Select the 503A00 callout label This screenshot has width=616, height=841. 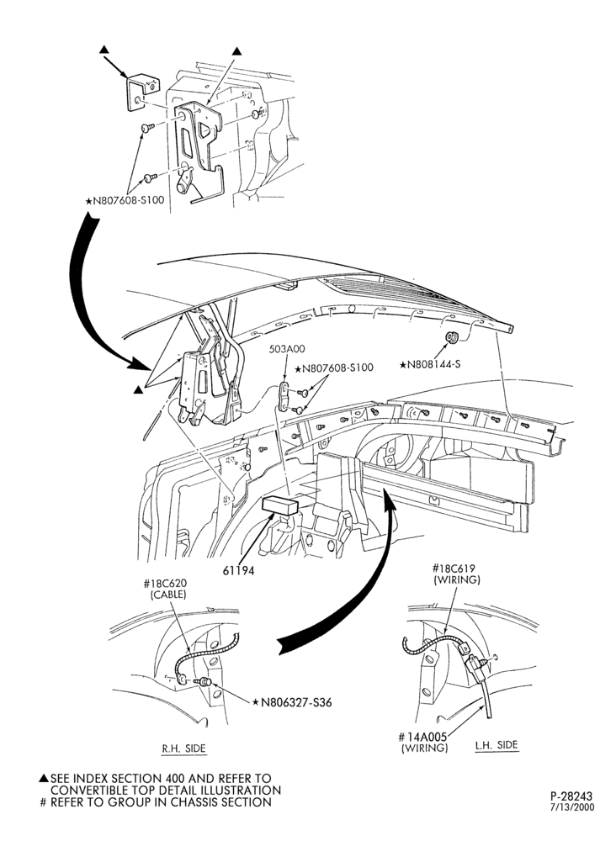click(286, 349)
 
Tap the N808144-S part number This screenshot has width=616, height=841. click(430, 364)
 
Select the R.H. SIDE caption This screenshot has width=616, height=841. click(184, 748)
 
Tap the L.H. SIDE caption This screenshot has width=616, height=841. click(497, 745)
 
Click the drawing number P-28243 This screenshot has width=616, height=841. click(572, 796)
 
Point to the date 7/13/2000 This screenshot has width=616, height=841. click(573, 807)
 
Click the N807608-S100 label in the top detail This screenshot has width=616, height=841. click(125, 201)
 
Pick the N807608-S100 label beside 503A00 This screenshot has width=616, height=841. click(333, 368)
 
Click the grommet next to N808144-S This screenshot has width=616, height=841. click(452, 337)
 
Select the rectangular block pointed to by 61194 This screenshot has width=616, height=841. click(279, 505)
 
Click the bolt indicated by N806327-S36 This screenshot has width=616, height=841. click(205, 682)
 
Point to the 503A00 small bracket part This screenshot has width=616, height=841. click(284, 397)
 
